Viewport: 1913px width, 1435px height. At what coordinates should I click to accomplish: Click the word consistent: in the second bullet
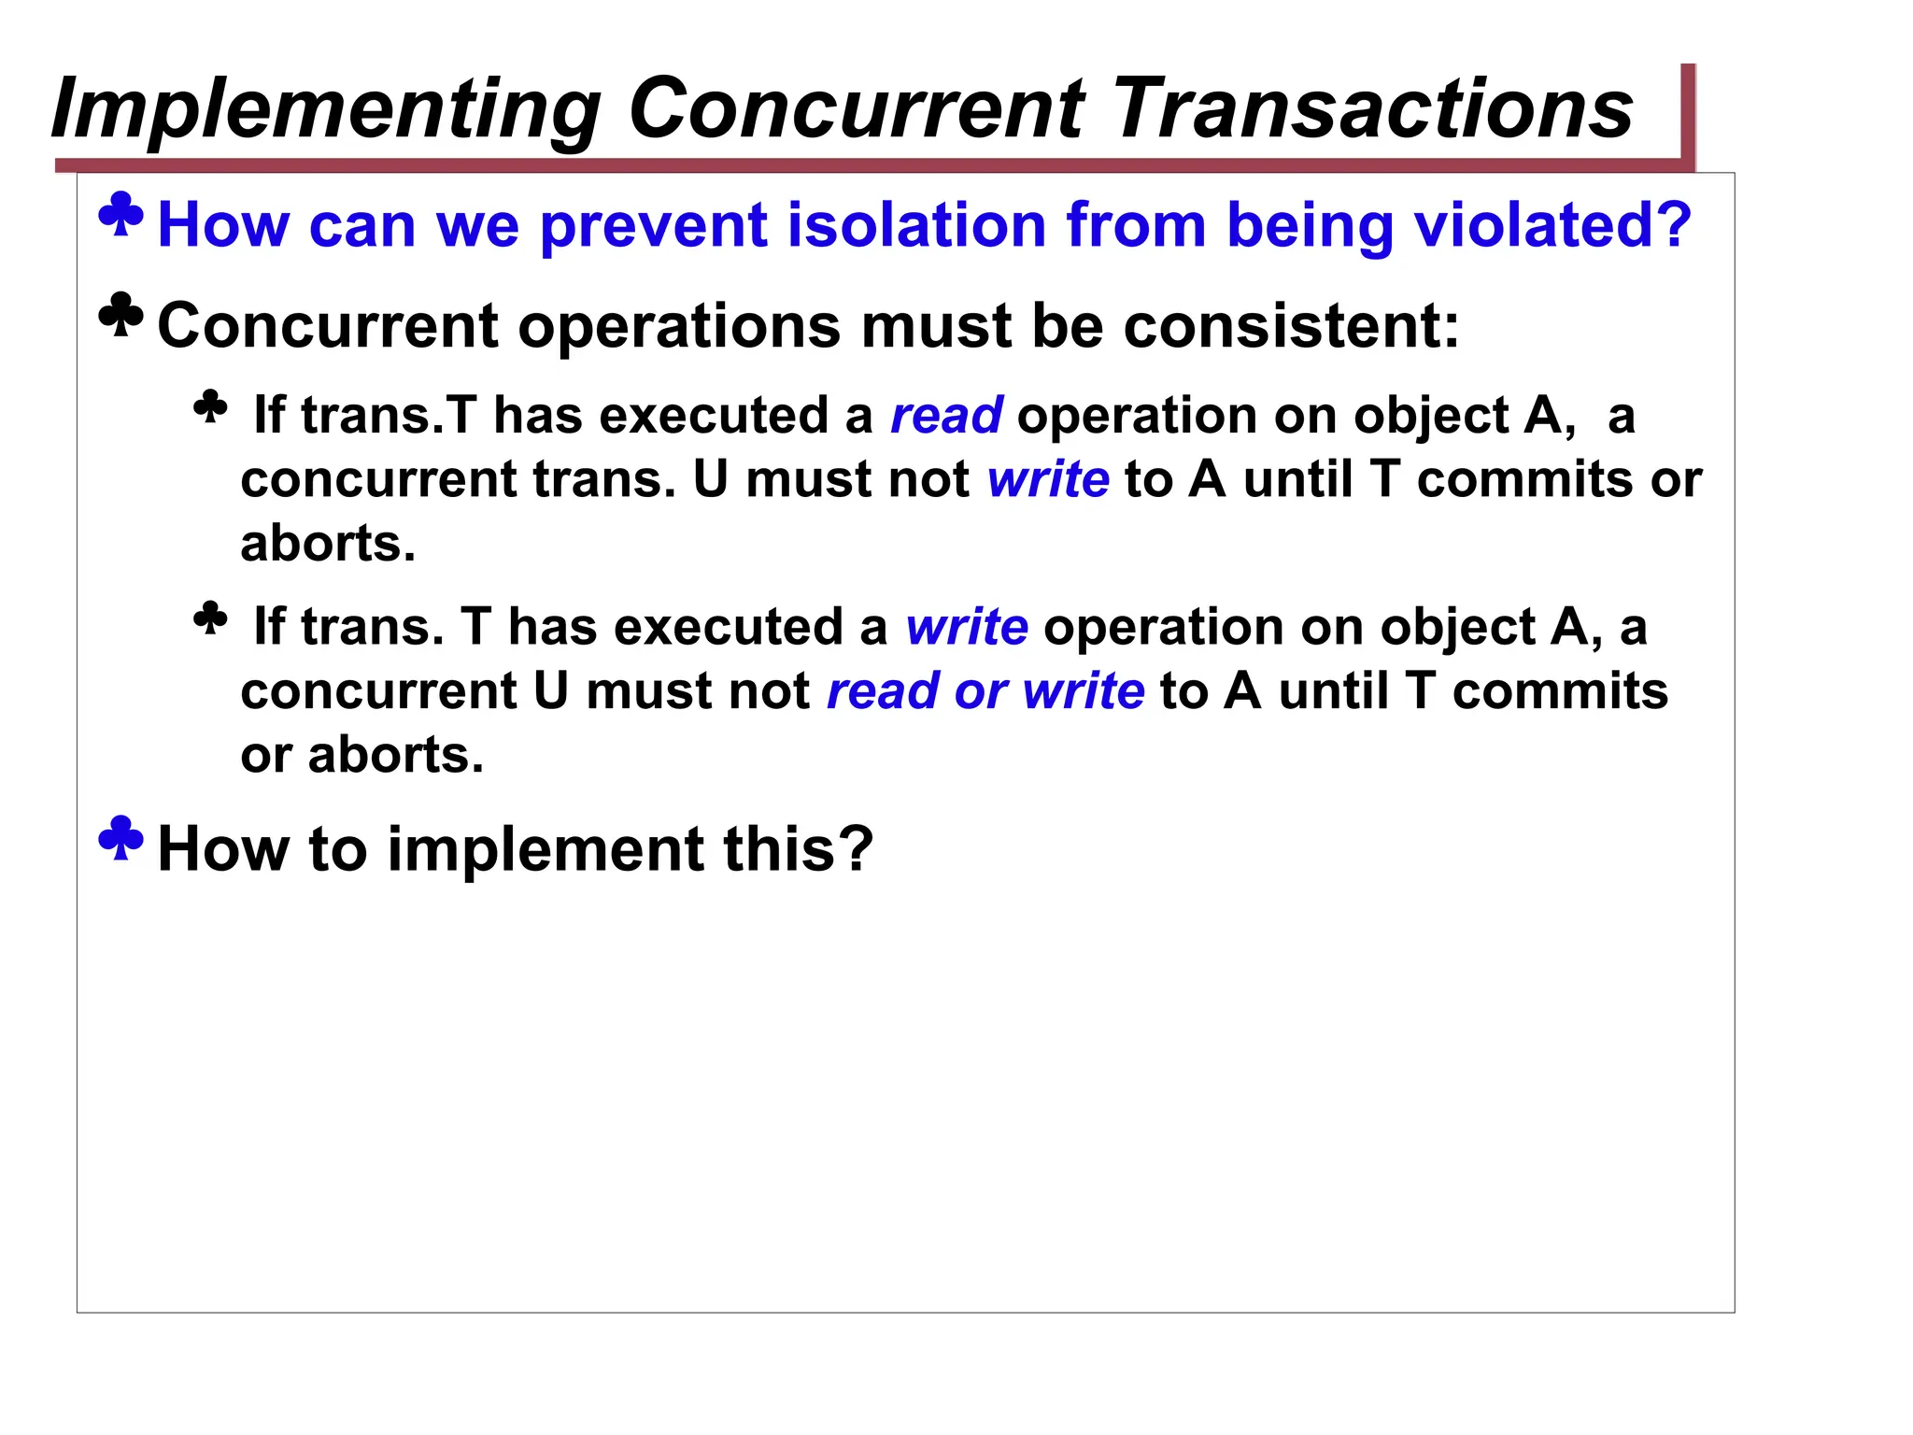[1291, 326]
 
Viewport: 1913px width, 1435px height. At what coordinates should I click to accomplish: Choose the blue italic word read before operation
[946, 416]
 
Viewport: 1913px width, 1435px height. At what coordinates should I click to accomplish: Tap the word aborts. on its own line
[328, 544]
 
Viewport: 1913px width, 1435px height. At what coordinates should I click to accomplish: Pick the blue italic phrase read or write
[985, 691]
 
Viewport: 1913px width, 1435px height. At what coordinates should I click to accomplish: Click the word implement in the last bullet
[546, 849]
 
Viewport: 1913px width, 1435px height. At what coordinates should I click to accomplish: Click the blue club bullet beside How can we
[121, 215]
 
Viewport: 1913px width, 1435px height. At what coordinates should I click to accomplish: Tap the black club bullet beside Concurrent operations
[121, 316]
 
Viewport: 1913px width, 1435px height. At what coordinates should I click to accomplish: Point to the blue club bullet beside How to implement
[121, 838]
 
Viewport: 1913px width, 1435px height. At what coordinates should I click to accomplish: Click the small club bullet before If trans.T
[210, 407]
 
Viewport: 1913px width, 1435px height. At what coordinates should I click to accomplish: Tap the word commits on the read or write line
[1560, 691]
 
